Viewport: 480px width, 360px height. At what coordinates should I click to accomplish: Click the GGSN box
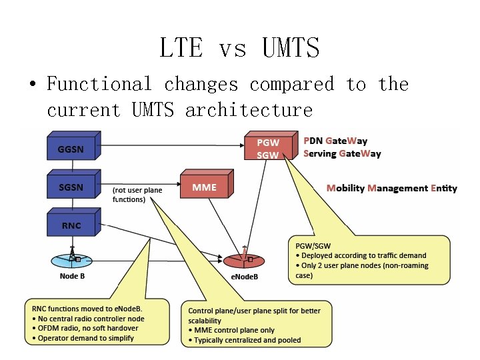tap(71, 148)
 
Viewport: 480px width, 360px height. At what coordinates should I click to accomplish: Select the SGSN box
tap(71, 187)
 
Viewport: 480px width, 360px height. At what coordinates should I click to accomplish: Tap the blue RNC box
tap(71, 225)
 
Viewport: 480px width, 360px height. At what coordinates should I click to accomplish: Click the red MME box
tap(204, 187)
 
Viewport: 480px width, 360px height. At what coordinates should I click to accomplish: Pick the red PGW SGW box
tap(269, 148)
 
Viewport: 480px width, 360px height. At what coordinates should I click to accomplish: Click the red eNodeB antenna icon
tap(245, 257)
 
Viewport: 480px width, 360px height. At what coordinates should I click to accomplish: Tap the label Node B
tap(71, 276)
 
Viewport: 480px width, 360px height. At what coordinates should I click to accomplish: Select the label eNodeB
tap(245, 276)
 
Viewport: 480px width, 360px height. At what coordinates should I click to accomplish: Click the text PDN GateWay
tap(335, 141)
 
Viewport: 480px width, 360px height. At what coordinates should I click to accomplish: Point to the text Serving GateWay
tap(342, 153)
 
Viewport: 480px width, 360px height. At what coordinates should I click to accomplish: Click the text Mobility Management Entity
tap(391, 188)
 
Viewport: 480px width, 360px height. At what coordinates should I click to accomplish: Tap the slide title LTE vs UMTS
tap(239, 48)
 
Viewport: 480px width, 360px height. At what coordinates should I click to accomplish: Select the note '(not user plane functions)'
tap(137, 195)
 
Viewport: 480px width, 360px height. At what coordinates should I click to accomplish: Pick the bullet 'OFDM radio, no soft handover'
tap(85, 328)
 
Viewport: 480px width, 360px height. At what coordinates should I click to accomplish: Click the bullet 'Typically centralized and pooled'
tap(247, 340)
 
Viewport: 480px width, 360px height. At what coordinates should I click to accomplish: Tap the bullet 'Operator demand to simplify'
tap(85, 338)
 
